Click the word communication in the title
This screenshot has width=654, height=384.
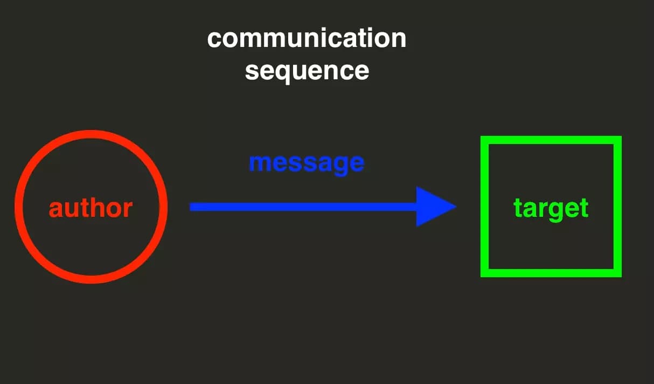(307, 39)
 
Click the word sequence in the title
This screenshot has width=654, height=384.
(307, 71)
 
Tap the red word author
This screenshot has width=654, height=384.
(91, 208)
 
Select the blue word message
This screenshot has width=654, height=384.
(307, 162)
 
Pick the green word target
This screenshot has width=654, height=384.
(551, 208)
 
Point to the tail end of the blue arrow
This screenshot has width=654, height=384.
(192, 207)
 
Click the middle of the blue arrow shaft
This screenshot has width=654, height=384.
(304, 207)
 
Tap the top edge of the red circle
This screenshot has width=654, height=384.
(91, 134)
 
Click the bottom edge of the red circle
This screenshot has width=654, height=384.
(91, 279)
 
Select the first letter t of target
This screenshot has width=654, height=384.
(517, 208)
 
